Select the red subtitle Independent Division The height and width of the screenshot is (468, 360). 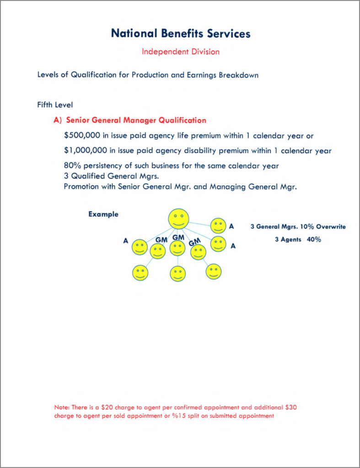click(x=180, y=52)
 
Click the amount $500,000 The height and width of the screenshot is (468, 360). click(x=82, y=136)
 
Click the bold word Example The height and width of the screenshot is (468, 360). click(x=103, y=214)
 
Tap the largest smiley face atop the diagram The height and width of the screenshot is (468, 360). click(x=178, y=219)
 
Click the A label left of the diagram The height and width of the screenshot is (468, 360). click(x=125, y=241)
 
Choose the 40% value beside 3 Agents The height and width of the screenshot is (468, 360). click(x=313, y=239)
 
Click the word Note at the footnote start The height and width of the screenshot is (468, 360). click(x=60, y=407)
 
